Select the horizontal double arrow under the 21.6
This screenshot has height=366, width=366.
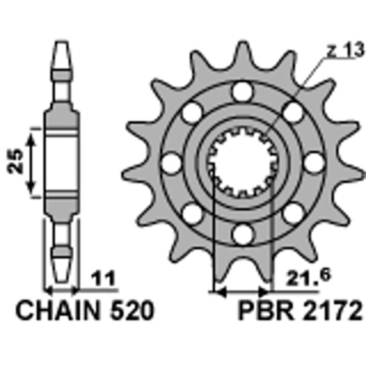click(x=242, y=291)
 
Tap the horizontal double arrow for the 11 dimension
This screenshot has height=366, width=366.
click(x=62, y=290)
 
